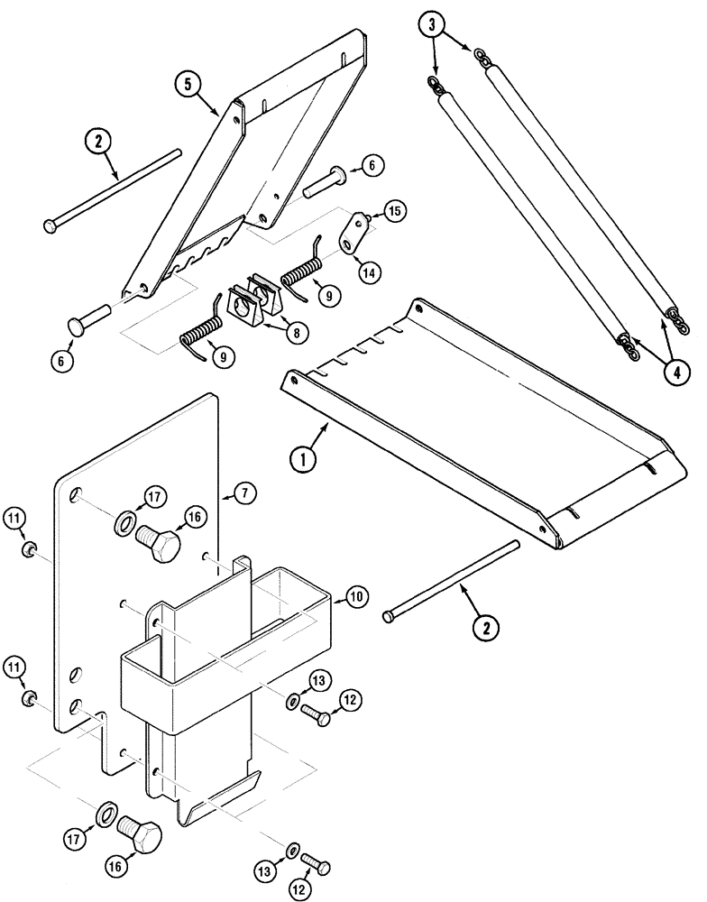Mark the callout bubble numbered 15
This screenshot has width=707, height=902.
(393, 210)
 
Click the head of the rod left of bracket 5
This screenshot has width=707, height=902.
(50, 225)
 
